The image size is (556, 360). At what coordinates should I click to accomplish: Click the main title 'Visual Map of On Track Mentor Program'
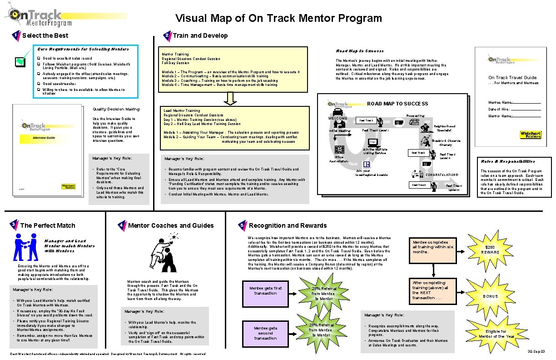click(278, 18)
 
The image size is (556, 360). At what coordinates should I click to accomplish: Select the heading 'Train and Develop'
click(200, 35)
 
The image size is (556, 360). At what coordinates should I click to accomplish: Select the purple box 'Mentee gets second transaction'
click(265, 333)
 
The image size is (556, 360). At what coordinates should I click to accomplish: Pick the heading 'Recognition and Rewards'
click(288, 225)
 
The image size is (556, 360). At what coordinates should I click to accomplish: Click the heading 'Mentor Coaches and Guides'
click(171, 225)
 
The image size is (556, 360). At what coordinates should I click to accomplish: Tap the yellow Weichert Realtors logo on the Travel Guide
click(531, 135)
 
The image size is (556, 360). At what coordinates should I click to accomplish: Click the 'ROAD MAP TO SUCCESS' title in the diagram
click(397, 104)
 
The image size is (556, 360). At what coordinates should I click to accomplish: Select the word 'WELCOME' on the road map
click(337, 119)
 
